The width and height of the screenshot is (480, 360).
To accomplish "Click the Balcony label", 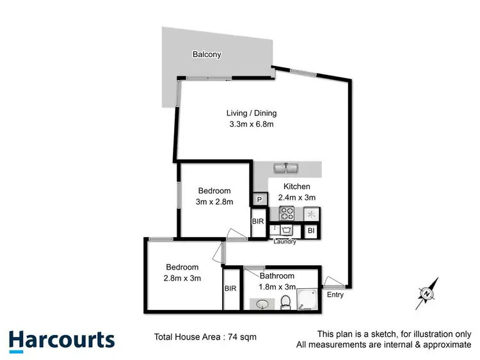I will (207, 54).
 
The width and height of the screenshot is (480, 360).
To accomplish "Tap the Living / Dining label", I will (252, 113).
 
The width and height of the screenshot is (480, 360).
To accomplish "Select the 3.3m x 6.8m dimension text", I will (252, 124).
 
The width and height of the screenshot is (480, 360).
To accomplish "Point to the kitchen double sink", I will (285, 169).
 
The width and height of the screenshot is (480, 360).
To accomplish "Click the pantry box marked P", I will (259, 200).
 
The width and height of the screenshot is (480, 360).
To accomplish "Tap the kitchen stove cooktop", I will (286, 214).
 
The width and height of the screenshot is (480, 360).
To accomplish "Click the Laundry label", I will (284, 241).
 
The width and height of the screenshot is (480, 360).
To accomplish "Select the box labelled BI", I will (310, 230).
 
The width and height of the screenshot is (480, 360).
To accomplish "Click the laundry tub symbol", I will (285, 229).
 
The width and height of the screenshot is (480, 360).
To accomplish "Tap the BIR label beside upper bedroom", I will (258, 222).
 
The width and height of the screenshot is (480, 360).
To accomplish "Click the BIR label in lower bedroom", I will (230, 289).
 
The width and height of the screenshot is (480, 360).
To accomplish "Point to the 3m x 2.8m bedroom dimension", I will (214, 202).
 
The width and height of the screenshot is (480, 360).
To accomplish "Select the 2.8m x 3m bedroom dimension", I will (182, 278).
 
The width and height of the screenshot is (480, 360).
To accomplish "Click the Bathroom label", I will (276, 276).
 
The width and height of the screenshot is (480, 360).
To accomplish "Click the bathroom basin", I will (263, 304).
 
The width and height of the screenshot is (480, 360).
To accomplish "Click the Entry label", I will (335, 295).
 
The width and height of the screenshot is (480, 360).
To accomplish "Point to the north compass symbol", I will (427, 293).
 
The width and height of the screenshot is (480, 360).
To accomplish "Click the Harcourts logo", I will (61, 340).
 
